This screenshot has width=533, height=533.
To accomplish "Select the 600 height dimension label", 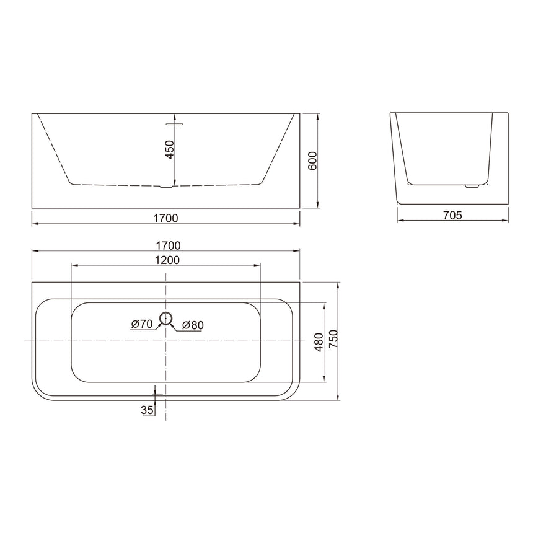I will [x=313, y=161].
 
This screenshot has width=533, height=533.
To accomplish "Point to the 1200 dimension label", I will [x=166, y=260].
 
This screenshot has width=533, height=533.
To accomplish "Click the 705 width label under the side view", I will [x=452, y=215].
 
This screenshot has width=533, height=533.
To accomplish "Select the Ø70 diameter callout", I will [x=142, y=324].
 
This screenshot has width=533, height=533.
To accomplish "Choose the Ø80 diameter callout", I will [x=192, y=324].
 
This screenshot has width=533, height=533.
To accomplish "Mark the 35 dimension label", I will [x=148, y=410].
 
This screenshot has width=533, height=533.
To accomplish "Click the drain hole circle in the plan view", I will [x=166, y=319].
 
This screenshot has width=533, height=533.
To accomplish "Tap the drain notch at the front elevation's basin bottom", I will [x=165, y=186].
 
